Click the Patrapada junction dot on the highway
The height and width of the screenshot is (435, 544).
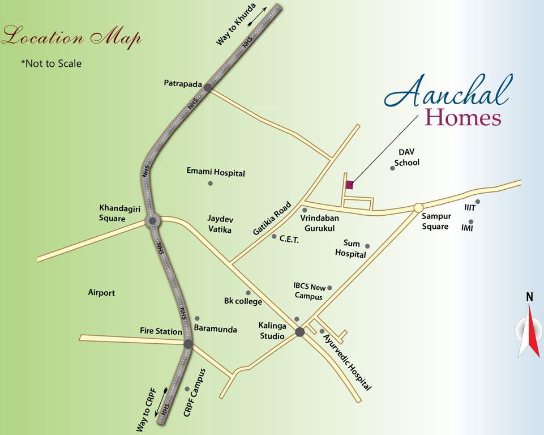coord(208,88)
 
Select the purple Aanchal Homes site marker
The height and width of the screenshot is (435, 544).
coord(349,184)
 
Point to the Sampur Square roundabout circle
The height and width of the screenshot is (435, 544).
coord(418,207)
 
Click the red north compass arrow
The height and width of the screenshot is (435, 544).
coord(533,331)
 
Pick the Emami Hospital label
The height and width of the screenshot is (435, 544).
coord(216,173)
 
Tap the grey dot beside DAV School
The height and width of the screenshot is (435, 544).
coord(392,168)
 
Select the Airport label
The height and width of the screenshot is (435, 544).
coord(101,293)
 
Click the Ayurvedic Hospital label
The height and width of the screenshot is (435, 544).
coord(348,362)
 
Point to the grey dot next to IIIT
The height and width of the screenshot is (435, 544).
coord(478,202)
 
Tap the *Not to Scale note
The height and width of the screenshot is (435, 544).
coord(51,63)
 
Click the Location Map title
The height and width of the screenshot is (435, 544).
coord(71,38)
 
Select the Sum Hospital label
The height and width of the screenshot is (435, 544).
coord(350,249)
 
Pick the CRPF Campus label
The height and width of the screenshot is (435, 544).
coord(195,393)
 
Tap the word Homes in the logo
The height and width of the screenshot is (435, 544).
coord(462,118)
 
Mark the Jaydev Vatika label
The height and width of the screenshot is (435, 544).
coord(220,223)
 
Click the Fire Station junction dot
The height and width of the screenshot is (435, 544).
coord(188,344)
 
